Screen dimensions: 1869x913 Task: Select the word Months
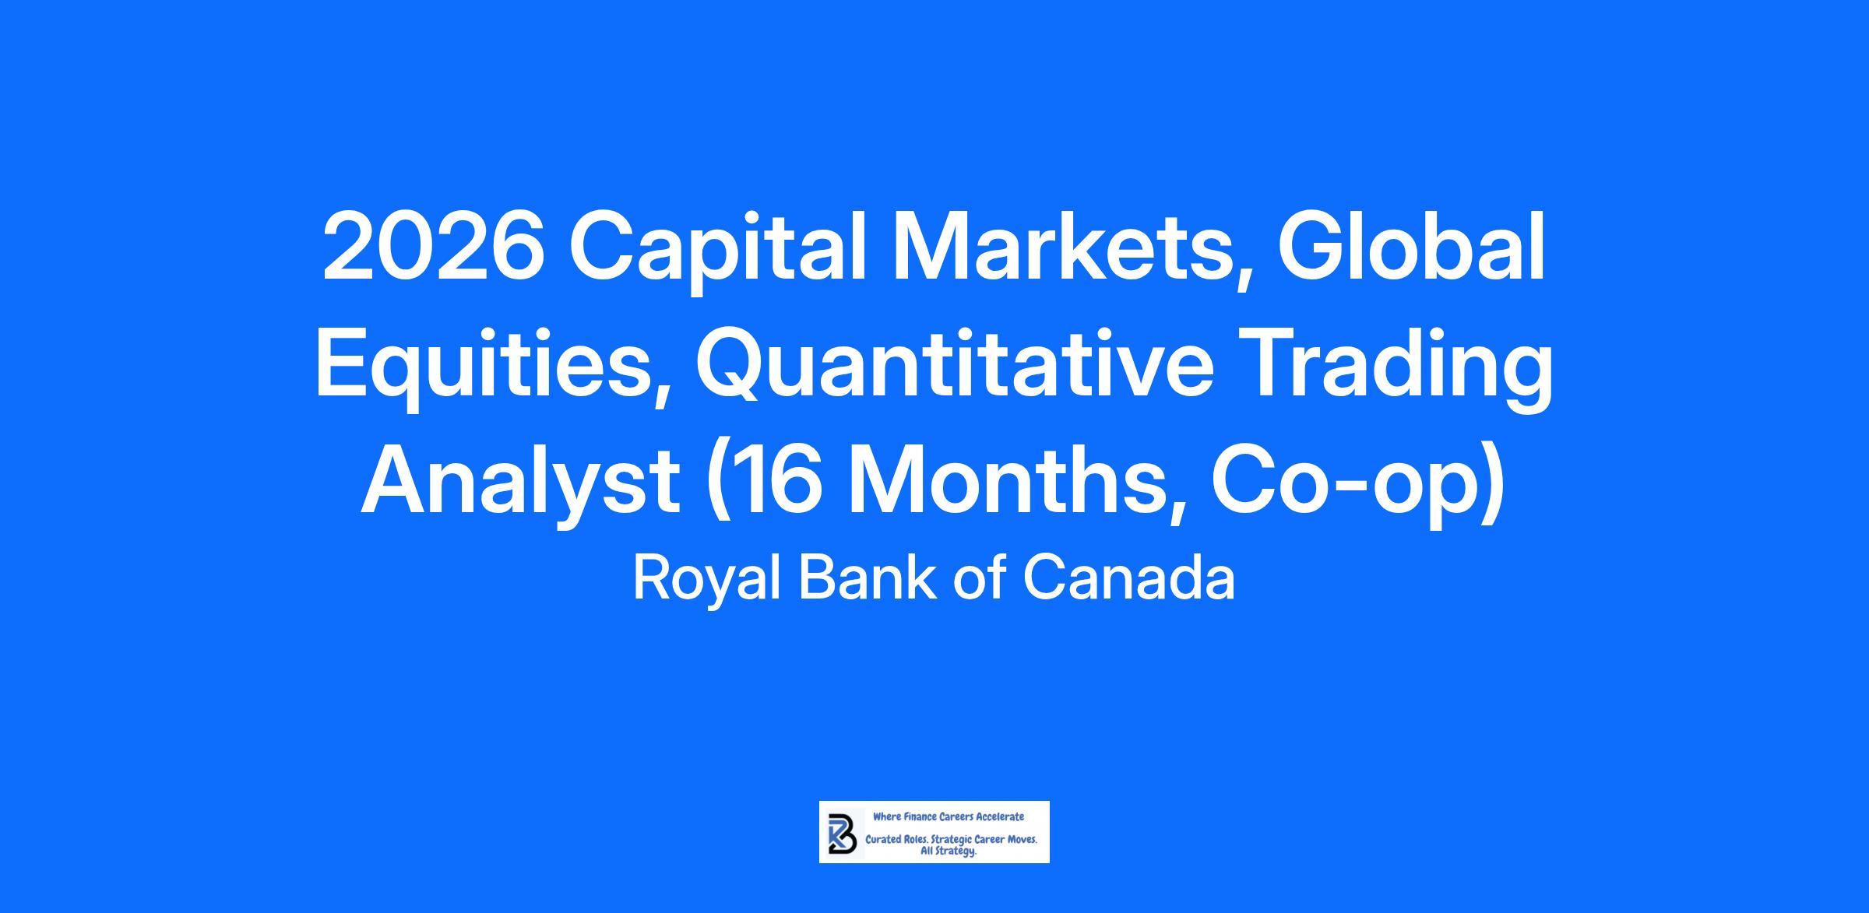[x=1016, y=483]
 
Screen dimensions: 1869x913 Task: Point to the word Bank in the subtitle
[x=868, y=578]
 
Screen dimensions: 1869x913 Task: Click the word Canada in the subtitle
[x=1129, y=578]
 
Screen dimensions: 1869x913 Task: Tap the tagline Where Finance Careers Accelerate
[x=949, y=816]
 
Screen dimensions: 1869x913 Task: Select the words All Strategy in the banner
[x=949, y=852]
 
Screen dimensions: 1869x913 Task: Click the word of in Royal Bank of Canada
[x=980, y=578]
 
